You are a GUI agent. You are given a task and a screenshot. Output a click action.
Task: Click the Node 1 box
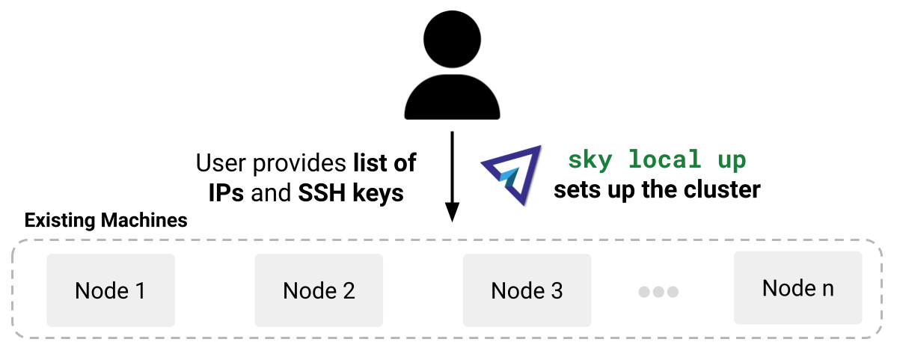pos(111,290)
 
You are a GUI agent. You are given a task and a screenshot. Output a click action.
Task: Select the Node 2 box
pos(319,290)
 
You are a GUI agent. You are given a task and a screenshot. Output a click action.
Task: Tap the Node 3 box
pos(527,290)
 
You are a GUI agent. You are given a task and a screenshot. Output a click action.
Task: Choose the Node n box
pos(798,288)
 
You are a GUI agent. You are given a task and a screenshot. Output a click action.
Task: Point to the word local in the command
pos(664,159)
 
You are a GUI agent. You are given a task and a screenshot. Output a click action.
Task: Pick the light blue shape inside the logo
pos(509,177)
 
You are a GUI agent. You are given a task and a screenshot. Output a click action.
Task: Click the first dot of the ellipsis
pos(644,292)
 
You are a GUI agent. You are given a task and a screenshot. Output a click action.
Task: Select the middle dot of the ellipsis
pos(658,292)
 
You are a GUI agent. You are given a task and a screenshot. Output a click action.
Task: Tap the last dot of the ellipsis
pos(673,292)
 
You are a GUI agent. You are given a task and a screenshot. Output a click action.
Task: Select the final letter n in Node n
pos(827,289)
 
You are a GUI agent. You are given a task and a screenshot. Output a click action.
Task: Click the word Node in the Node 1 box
pos(100,290)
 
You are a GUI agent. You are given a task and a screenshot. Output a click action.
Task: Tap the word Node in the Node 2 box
pos(308,290)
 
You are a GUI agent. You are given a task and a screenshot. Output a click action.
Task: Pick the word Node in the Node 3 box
pos(516,290)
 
